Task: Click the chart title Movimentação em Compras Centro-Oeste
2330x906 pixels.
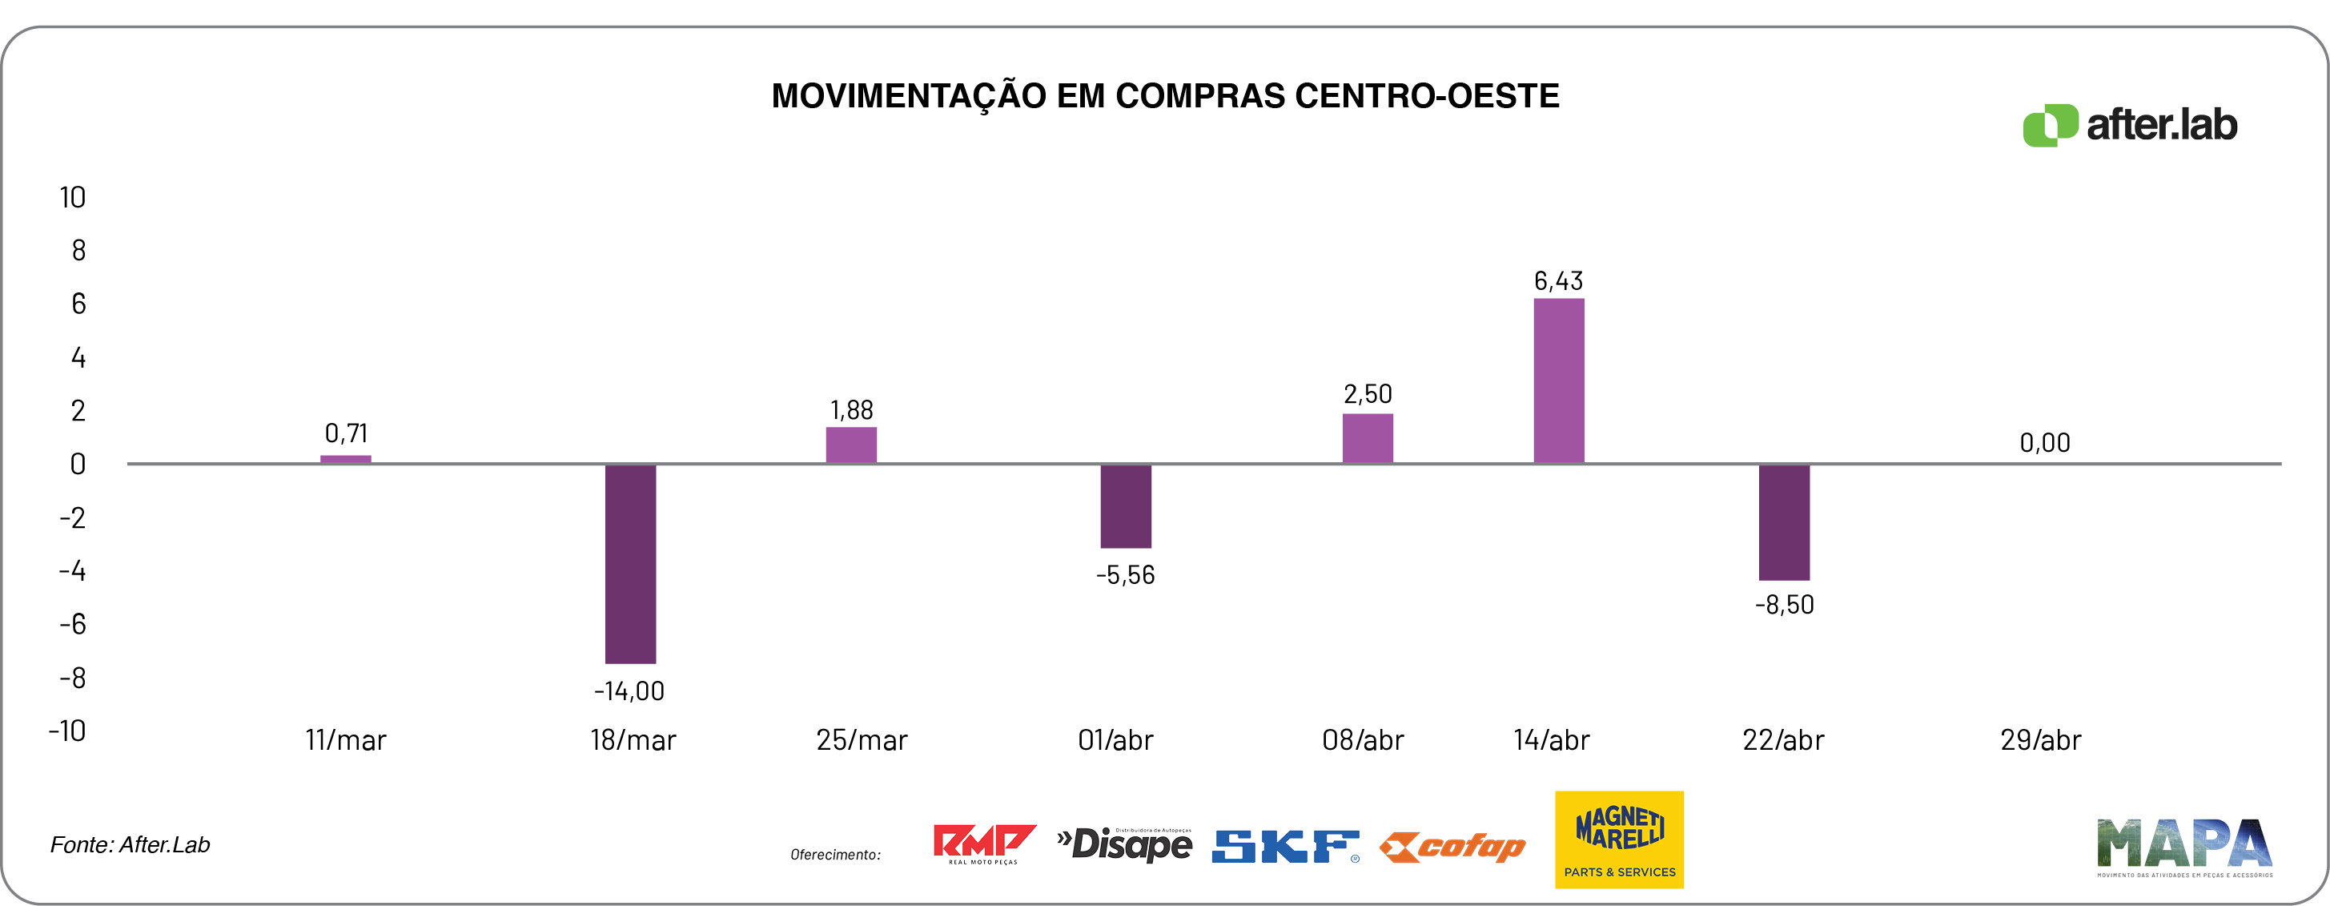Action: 1165,96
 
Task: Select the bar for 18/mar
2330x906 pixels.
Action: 630,563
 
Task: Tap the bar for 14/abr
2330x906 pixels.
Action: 1558,381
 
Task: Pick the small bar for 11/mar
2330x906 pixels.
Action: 346,459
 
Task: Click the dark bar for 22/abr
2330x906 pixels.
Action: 1784,522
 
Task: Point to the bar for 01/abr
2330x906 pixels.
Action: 1125,506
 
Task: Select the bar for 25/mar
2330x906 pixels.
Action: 851,445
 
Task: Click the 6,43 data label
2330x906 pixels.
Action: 1557,281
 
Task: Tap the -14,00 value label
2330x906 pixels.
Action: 629,691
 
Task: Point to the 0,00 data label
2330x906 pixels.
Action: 2044,443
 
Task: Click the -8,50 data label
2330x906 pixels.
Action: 1784,605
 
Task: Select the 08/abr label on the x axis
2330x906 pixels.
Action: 1362,740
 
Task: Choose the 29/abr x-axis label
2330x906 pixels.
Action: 2041,740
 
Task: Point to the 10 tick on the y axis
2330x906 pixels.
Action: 72,197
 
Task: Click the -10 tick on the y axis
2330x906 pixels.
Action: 68,731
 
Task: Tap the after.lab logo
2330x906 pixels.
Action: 2130,125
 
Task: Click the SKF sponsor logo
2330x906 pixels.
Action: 1285,846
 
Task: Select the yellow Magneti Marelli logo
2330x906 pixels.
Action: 1619,839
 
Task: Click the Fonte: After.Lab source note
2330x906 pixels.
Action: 131,844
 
